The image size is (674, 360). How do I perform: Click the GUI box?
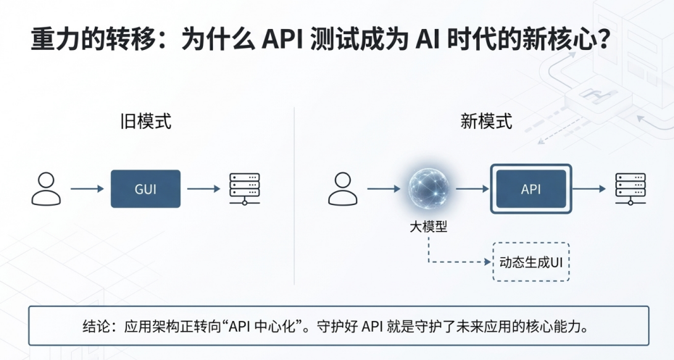click(145, 189)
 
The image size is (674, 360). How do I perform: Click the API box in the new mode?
click(531, 189)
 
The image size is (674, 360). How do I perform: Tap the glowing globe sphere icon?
click(428, 189)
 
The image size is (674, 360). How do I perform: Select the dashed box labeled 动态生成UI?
click(531, 261)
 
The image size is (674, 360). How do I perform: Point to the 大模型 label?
click(428, 227)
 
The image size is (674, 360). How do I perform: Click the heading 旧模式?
click(146, 121)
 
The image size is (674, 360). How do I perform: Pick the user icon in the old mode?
click(46, 189)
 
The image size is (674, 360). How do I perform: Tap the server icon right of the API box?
click(630, 189)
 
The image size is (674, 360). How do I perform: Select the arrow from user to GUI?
click(87, 189)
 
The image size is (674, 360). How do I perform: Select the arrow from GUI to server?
click(204, 189)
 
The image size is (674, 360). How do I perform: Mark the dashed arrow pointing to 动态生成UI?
click(457, 261)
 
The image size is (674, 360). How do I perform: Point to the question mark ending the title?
click(599, 41)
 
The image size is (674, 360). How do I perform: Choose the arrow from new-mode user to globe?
click(384, 189)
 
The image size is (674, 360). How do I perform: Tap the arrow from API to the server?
click(591, 189)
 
